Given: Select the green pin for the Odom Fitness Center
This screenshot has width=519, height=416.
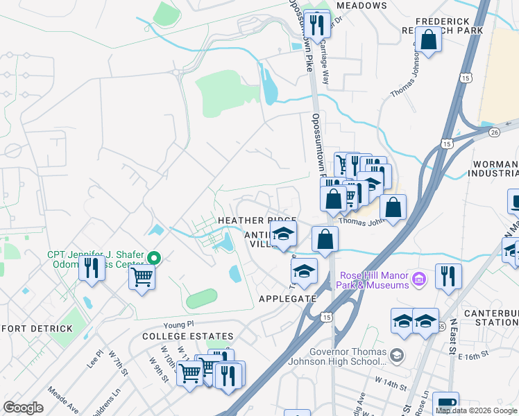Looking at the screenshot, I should [155, 259].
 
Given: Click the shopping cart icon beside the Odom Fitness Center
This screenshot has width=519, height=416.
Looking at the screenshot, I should [142, 277].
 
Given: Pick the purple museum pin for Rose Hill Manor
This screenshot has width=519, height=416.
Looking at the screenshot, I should [418, 279].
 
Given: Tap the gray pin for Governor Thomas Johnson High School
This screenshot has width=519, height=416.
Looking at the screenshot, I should [395, 356].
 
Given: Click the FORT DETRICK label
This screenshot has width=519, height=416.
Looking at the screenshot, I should [36, 328].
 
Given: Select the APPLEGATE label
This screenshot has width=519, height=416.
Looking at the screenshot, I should [287, 299].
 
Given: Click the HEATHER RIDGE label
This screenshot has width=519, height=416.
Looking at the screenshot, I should [257, 220].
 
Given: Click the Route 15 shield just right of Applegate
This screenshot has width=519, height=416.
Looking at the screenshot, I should [326, 316].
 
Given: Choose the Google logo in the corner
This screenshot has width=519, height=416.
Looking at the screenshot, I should [24, 407].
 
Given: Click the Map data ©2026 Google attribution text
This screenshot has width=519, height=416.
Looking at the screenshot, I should [477, 410].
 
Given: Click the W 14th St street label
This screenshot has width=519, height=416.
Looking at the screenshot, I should [389, 381].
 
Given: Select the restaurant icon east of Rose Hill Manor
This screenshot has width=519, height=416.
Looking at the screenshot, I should [448, 276].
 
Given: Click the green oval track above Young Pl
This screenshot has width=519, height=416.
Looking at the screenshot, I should [201, 299].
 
